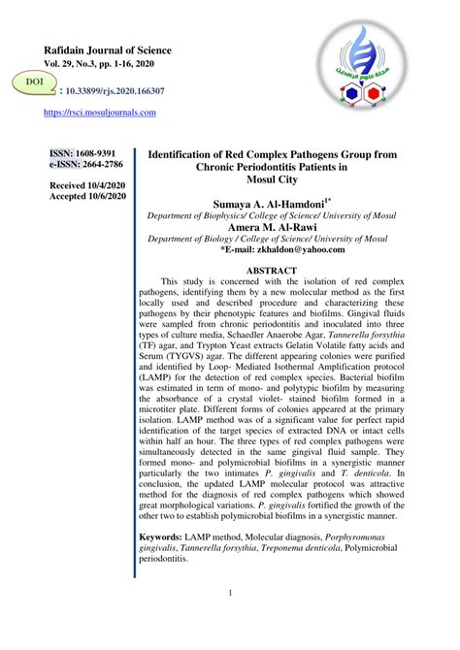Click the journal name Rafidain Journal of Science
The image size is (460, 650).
tap(108, 50)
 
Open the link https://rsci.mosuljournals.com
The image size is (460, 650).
tap(100, 113)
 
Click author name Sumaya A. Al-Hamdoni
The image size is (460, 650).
tap(275, 205)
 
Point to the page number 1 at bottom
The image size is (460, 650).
tap(230, 593)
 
